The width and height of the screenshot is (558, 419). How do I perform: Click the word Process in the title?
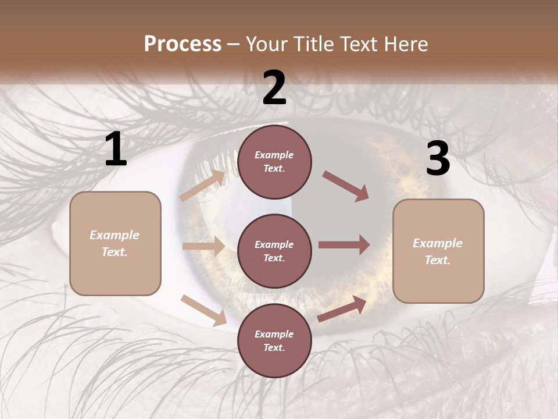[183, 44]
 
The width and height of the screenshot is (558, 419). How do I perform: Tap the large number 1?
[116, 148]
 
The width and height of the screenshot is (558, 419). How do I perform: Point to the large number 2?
[274, 87]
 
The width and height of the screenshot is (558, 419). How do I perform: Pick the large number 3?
[438, 158]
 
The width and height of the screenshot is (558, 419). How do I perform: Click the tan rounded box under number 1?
[115, 244]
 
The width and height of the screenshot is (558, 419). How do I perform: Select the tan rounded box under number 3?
[438, 251]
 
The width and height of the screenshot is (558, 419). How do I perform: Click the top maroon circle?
[274, 162]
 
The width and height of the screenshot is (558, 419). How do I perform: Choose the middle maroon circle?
[274, 251]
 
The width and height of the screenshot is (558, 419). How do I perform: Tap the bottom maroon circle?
[274, 341]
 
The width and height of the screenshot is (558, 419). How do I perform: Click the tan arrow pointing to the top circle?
[202, 185]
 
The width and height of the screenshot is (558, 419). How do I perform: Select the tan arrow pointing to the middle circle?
[203, 246]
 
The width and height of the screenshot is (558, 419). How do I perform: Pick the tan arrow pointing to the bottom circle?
[204, 310]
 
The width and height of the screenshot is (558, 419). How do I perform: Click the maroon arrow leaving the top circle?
[345, 186]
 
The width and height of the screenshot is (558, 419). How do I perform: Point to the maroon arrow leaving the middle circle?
[344, 245]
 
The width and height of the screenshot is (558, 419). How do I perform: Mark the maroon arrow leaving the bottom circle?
[342, 308]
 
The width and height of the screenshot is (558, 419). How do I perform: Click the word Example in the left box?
[115, 235]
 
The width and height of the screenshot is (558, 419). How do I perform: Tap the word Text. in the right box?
[438, 260]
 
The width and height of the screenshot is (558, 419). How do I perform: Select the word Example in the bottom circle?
[274, 334]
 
